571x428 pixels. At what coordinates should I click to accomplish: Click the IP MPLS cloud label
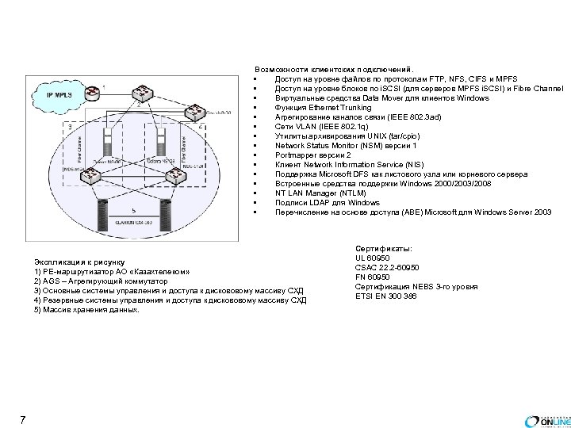point(57,94)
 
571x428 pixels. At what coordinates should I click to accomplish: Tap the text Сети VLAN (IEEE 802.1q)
point(316,127)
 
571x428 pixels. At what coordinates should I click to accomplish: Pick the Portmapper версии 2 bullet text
point(308,155)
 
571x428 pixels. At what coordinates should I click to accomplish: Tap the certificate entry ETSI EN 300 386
point(386,296)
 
